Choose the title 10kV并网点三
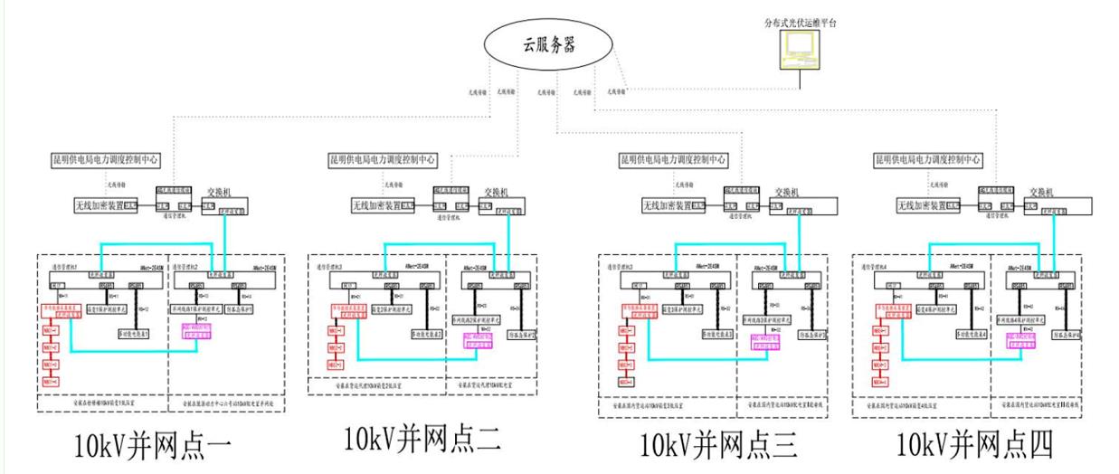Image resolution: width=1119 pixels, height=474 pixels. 720,445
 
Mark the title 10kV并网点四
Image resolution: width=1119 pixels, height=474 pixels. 975,445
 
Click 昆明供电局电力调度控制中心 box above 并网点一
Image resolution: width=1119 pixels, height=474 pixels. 106,159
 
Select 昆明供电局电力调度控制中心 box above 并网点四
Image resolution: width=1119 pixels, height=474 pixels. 928,159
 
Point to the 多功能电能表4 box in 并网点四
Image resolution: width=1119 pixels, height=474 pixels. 975,334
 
